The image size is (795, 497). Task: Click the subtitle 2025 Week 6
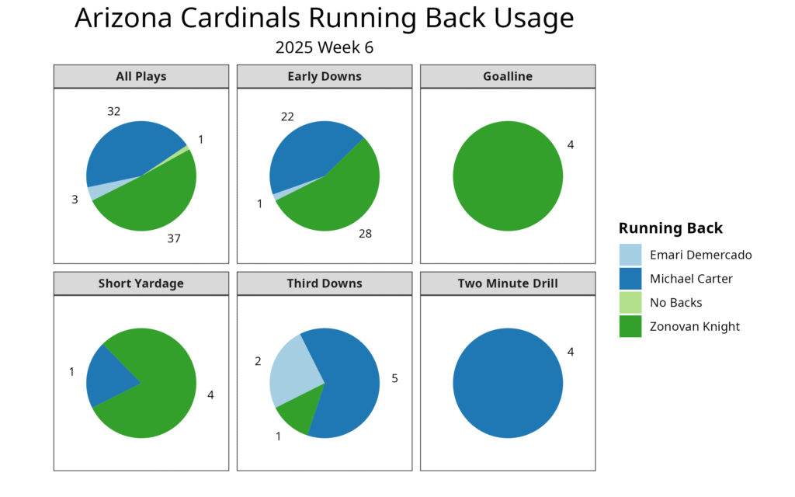point(324,47)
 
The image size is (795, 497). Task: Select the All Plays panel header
point(141,76)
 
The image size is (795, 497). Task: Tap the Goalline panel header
point(508,76)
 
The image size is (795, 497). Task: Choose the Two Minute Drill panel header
point(508,283)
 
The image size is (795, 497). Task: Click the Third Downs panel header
point(325,283)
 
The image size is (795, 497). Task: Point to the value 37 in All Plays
point(174,238)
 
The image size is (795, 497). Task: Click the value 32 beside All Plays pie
point(113,111)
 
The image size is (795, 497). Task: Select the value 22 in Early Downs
point(287,116)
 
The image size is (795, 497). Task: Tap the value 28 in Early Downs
point(365,233)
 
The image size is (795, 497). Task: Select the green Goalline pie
point(508,176)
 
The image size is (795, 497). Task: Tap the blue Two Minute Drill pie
point(508,383)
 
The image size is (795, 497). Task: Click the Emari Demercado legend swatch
point(630,255)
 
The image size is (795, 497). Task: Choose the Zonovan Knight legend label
point(695,327)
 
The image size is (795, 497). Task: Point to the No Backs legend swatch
point(630,303)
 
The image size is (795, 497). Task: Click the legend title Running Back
point(671,228)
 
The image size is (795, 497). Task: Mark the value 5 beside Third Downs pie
point(394,378)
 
